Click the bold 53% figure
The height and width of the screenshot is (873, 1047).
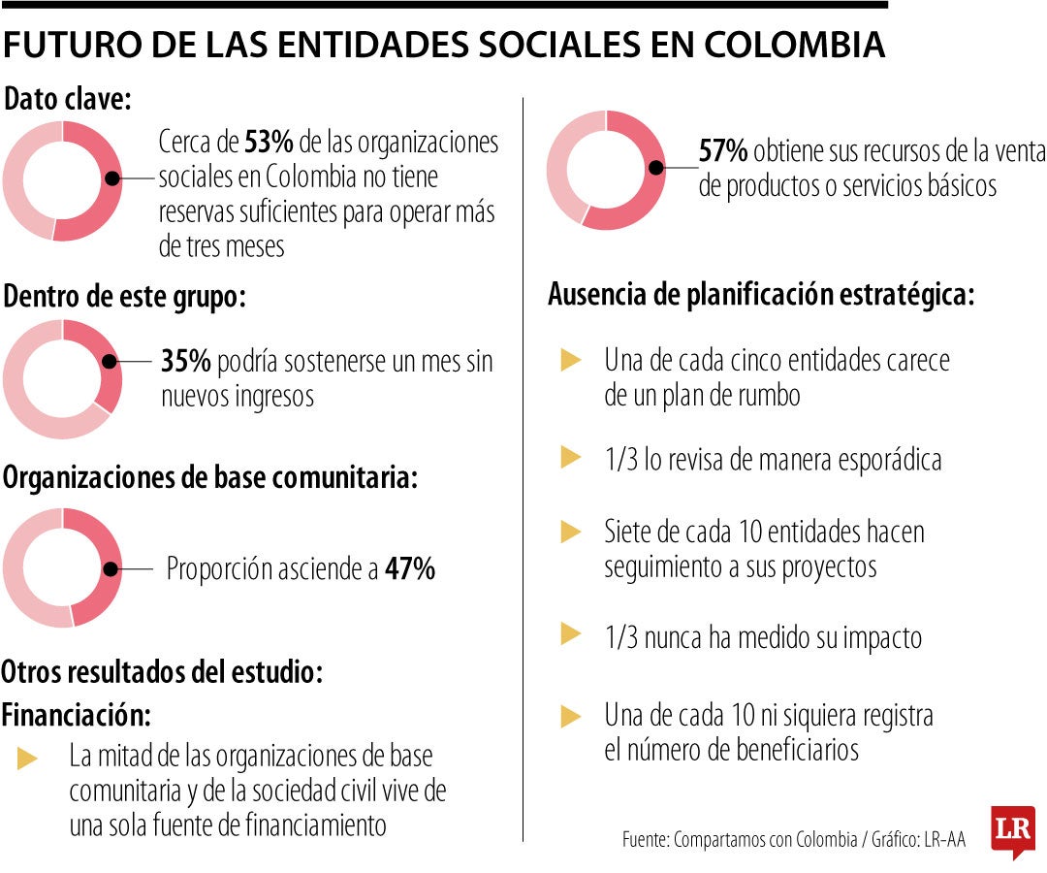point(269,144)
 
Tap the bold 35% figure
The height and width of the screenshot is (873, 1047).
point(185,363)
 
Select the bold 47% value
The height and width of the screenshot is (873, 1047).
point(409,568)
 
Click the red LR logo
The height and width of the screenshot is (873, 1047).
point(1012,830)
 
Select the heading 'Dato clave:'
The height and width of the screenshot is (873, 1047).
point(68,99)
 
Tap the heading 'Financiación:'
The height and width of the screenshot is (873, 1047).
point(78,715)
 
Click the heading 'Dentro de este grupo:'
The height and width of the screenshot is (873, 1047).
point(124,297)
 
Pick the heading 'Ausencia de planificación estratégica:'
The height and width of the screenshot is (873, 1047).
point(761,295)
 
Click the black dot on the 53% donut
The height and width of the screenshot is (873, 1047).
point(112,179)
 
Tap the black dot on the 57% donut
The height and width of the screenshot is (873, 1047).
point(656,167)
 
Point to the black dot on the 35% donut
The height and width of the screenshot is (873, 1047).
point(109,362)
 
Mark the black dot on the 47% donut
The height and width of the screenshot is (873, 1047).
point(112,568)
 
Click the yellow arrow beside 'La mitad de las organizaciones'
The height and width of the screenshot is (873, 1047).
point(28,759)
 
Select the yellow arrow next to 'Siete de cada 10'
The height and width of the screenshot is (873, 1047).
point(571,532)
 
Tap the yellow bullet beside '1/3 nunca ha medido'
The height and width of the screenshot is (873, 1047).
point(571,635)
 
